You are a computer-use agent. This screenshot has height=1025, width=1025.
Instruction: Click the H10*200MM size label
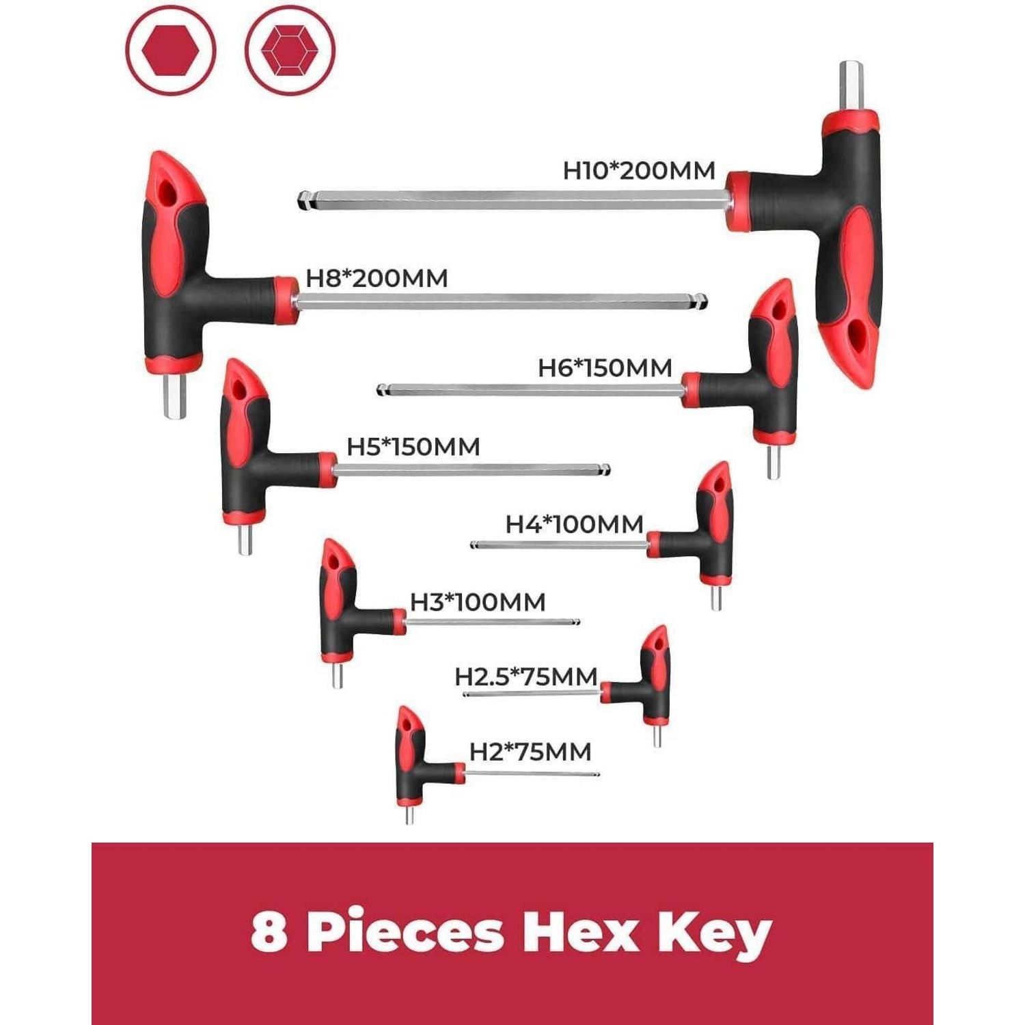tap(639, 170)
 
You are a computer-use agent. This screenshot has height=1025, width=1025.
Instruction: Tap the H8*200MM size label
tap(377, 278)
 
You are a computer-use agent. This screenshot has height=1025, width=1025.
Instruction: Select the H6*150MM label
tap(605, 368)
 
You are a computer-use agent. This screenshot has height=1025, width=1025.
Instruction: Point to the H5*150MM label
tap(413, 447)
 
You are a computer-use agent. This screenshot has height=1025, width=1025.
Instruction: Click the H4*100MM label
tap(575, 525)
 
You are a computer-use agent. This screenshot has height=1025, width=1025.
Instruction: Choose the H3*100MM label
tap(478, 603)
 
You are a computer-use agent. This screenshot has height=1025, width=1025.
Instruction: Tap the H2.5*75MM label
tap(526, 677)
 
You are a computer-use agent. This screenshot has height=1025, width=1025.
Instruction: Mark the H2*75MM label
tap(530, 752)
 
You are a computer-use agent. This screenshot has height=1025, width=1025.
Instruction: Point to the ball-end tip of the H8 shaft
tap(702, 301)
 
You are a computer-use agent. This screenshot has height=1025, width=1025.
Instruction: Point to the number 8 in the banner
tap(269, 931)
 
